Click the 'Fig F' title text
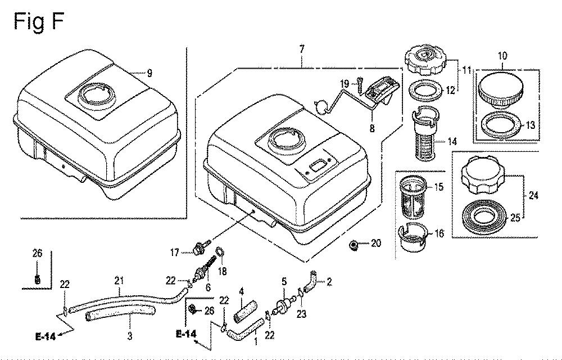tap(38, 21)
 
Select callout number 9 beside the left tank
tap(149, 73)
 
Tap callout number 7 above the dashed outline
tap(302, 49)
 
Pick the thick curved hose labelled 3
tap(120, 314)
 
